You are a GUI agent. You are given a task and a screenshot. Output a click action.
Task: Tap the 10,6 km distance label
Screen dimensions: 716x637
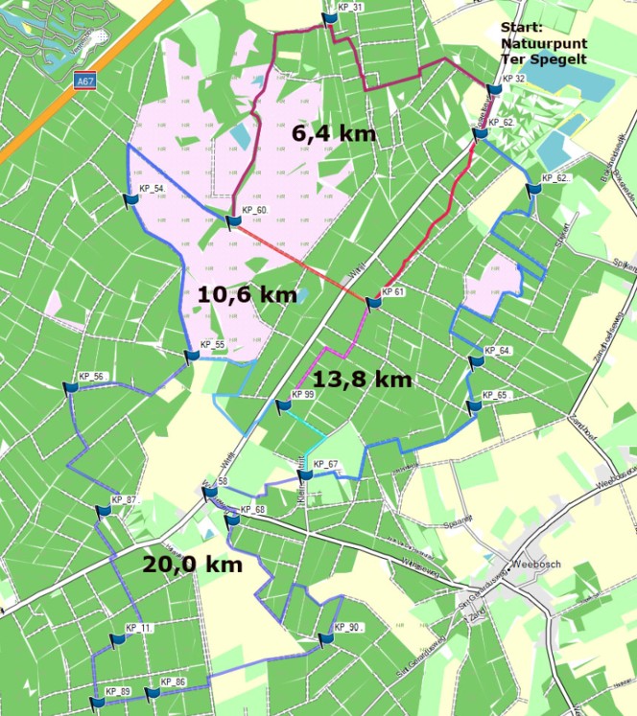[248, 294]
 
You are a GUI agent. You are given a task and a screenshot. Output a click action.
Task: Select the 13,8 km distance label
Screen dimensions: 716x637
[363, 379]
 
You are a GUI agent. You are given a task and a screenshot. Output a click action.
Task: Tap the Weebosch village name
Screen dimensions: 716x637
[543, 564]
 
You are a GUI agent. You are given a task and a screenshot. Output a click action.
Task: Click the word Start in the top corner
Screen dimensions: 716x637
[520, 29]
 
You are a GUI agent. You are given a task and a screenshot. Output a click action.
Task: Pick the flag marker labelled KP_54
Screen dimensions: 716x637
[132, 198]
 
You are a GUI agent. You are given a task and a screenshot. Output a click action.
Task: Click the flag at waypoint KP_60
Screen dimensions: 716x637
[233, 221]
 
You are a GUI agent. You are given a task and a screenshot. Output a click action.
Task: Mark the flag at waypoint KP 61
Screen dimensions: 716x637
[374, 303]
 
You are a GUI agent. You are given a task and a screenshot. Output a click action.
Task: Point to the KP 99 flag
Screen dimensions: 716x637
[283, 405]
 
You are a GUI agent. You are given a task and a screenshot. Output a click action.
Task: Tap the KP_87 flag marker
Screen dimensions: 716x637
[103, 511]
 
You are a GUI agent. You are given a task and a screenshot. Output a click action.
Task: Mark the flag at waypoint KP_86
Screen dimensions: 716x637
[153, 692]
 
